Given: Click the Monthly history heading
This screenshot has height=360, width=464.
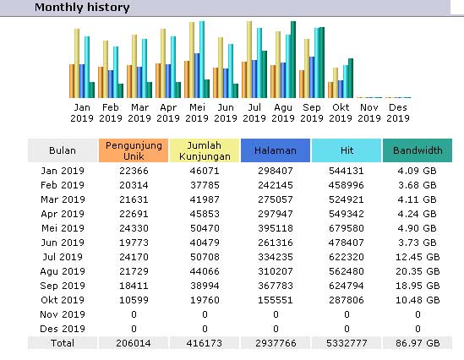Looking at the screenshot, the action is coord(82,7).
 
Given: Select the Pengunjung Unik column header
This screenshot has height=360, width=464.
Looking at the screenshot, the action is coord(134,150).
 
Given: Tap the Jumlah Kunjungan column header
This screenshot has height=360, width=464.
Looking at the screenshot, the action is coord(205,150).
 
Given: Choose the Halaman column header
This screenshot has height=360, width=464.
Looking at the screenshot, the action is coord(276,150).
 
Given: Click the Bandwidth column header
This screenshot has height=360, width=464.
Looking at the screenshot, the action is coord(418,150).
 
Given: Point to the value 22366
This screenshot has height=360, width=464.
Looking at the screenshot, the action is coord(134,171).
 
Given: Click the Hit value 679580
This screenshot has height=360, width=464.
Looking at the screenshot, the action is coord(347,228).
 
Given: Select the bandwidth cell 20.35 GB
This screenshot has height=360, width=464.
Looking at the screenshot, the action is coord(418,271).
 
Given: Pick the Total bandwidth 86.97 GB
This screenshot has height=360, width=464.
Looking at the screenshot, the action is coord(418,343).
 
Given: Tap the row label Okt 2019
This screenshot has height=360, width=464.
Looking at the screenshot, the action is coord(63,300).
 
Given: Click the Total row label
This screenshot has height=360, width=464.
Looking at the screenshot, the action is coord(63,343).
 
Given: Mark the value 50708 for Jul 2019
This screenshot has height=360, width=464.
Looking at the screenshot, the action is coord(205,257).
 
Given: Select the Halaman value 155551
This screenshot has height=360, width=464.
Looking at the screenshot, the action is coord(276,300).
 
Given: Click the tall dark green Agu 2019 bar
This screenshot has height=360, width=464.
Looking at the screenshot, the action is coord(293,59).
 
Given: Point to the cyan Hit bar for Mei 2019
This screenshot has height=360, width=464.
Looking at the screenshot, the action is coord(202,59).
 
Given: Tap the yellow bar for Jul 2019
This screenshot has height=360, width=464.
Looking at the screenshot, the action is coord(249,59).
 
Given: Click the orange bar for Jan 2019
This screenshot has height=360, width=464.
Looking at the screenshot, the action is coord(72,81).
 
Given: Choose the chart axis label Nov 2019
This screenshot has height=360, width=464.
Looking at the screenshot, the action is coord(369,112).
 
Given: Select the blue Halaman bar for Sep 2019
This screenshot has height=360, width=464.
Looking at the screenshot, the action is coord(312,77).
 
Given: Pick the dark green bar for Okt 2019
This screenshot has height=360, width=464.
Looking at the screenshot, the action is coord(351,79).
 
